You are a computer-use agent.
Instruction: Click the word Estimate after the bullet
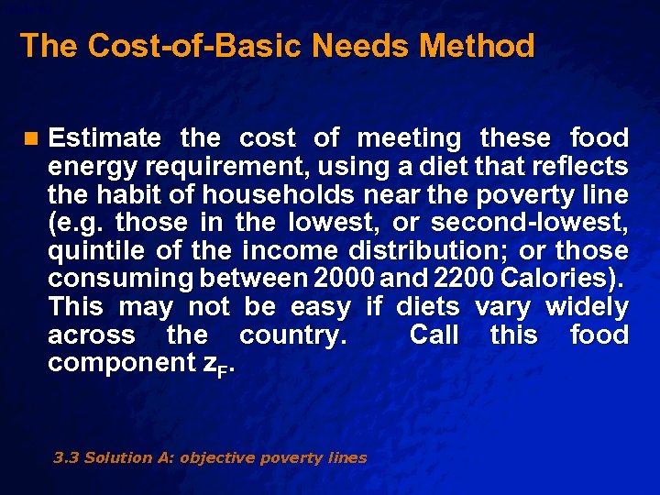tap(104, 139)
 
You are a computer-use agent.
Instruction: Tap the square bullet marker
tap(32, 139)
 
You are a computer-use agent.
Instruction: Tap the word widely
tap(587, 307)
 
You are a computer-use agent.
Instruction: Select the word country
tap(292, 335)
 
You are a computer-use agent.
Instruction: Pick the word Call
tap(434, 335)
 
